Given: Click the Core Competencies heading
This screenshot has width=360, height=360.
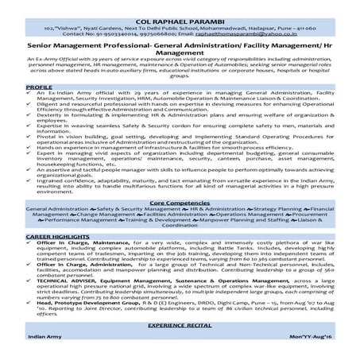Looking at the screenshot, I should (x=180, y=203).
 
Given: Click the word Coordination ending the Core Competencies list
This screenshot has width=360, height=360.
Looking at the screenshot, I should (x=180, y=228).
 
